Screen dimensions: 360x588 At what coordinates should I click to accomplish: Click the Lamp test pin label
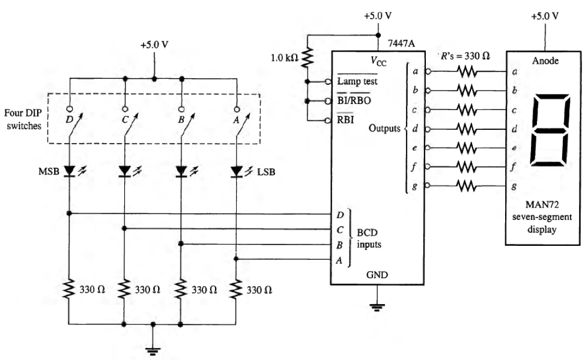(x=357, y=81)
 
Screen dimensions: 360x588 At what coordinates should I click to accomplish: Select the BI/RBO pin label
(x=354, y=101)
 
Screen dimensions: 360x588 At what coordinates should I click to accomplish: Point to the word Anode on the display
(x=545, y=60)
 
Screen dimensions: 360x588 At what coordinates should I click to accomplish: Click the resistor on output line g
(x=466, y=185)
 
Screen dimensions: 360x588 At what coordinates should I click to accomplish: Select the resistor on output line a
(x=466, y=71)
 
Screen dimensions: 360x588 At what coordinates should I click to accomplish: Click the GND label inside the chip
(x=376, y=275)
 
